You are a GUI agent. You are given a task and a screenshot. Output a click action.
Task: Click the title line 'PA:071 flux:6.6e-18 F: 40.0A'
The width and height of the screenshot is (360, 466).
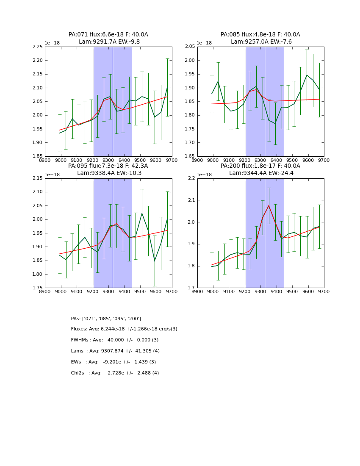tap(108, 35)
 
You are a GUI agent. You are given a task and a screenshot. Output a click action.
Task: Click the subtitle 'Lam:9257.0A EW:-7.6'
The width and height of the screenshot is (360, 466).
tap(260, 42)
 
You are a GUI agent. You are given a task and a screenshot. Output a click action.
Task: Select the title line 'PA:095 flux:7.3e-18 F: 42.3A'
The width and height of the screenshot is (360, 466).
tap(108, 166)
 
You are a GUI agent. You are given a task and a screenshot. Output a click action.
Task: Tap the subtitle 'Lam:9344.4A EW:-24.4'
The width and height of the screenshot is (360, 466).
tap(260, 173)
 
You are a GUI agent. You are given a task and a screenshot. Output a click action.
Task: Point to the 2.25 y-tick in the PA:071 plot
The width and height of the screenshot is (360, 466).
tap(38, 47)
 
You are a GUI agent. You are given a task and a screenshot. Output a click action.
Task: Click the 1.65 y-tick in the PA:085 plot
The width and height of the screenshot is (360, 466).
tap(190, 156)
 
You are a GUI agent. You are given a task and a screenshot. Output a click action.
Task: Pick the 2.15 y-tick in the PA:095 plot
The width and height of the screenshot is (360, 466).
tap(38, 178)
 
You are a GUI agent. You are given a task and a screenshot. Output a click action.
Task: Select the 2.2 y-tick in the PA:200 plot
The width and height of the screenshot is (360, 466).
tap(191, 178)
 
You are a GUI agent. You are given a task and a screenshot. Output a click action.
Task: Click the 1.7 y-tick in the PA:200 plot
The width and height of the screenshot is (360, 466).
tap(191, 288)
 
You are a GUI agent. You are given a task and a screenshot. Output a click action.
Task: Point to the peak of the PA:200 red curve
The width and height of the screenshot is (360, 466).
tap(269, 205)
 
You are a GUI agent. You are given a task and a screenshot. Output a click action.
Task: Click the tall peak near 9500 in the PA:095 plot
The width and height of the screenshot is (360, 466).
tap(142, 213)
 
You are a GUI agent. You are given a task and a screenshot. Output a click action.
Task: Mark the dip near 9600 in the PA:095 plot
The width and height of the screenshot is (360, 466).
tap(155, 261)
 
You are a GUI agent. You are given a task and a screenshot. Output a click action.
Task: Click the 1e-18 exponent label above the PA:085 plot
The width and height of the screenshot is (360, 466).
tap(204, 43)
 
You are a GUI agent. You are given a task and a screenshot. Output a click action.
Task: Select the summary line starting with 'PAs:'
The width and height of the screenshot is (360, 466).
tap(106, 319)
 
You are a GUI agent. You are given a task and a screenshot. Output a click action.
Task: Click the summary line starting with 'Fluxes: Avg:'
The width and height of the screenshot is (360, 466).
tap(124, 329)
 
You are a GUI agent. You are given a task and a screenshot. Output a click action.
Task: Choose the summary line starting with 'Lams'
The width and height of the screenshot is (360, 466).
tap(115, 351)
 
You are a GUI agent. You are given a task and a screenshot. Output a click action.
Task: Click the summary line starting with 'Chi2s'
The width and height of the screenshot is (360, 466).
tap(115, 373)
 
